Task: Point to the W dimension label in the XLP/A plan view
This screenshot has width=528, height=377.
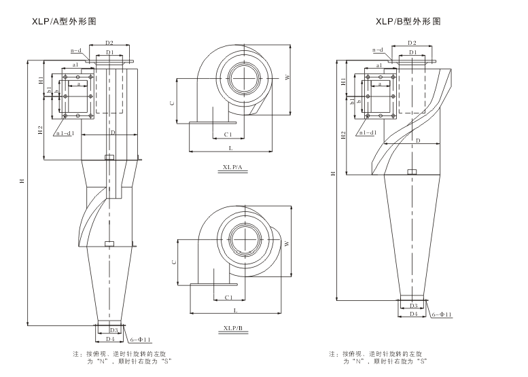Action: [287, 77]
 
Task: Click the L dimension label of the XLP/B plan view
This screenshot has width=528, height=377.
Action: [235, 310]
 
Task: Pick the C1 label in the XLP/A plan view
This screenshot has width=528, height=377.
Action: [228, 134]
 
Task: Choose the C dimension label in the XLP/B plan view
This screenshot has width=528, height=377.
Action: [173, 261]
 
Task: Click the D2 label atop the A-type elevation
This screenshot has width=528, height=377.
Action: [109, 43]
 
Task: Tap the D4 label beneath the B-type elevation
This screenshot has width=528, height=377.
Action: [413, 315]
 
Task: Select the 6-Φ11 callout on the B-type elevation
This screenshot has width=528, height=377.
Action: [442, 315]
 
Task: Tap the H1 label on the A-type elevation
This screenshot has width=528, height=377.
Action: [41, 80]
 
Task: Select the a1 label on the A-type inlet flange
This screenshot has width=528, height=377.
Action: [75, 63]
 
